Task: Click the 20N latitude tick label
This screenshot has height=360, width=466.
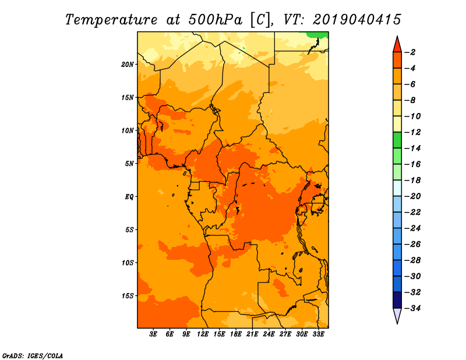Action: [x=128, y=65]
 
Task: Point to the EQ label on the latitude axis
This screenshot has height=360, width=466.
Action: [x=129, y=197]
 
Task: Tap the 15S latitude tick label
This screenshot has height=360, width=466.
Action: [x=128, y=296]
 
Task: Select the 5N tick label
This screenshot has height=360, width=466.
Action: [x=129, y=164]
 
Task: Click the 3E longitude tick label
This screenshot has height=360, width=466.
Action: [x=153, y=334]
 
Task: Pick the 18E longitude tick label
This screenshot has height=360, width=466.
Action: [x=236, y=334]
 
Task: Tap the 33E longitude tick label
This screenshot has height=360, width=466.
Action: [x=318, y=334]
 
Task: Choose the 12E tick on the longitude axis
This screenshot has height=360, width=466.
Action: [x=203, y=334]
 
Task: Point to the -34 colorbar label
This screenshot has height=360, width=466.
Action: [x=412, y=308]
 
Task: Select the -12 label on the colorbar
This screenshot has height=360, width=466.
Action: [x=412, y=132]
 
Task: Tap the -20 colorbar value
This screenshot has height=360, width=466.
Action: [x=412, y=196]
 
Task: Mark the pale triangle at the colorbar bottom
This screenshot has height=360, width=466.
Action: [x=397, y=315]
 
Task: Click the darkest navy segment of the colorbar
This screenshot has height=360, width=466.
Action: [x=397, y=300]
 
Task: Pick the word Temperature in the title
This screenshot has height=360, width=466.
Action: [x=111, y=20]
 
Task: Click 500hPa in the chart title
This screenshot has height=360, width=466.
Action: [x=216, y=20]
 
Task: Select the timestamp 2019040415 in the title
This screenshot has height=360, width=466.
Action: [x=357, y=20]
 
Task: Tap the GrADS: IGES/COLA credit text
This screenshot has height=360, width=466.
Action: [x=33, y=356]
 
